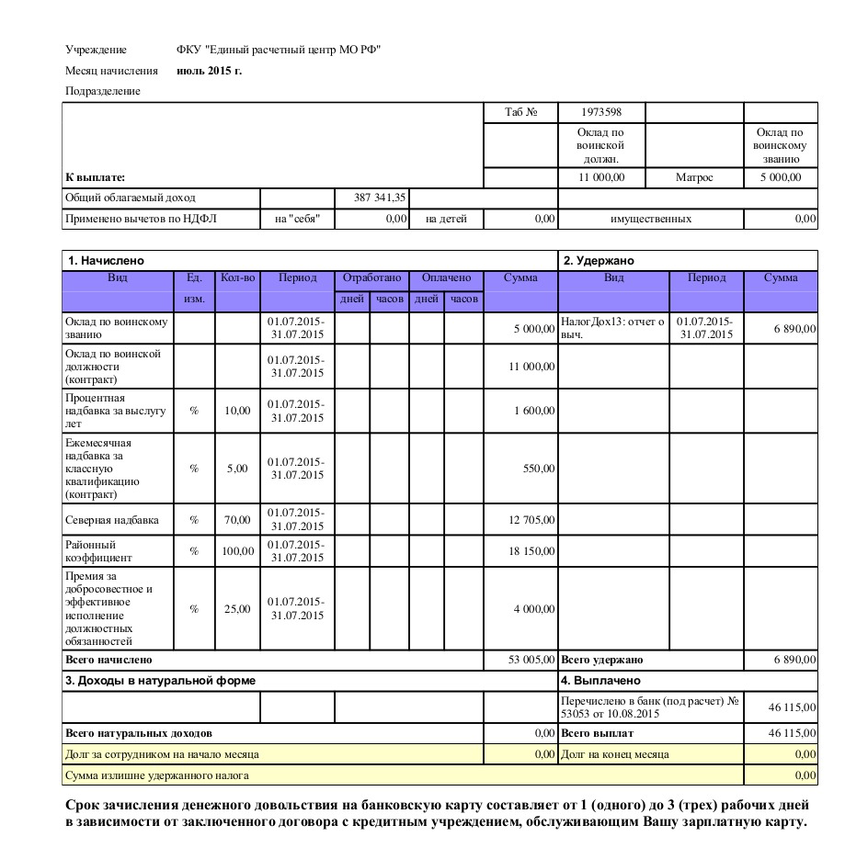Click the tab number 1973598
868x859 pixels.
(601, 112)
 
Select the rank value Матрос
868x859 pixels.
(693, 177)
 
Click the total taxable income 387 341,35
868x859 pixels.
(380, 198)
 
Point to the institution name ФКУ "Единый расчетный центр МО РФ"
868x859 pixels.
(278, 50)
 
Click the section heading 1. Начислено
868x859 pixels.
(104, 261)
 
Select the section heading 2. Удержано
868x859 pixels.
(599, 261)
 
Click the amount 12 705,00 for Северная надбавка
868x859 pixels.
(531, 520)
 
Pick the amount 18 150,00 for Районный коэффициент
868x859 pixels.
(531, 551)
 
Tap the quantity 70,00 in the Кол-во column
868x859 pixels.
(237, 520)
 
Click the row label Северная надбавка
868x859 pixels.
(112, 520)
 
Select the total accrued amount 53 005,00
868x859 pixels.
(531, 660)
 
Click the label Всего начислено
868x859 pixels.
(108, 660)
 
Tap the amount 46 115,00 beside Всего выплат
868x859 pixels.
(792, 733)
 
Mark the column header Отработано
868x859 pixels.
(371, 277)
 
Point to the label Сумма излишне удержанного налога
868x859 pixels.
(156, 775)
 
